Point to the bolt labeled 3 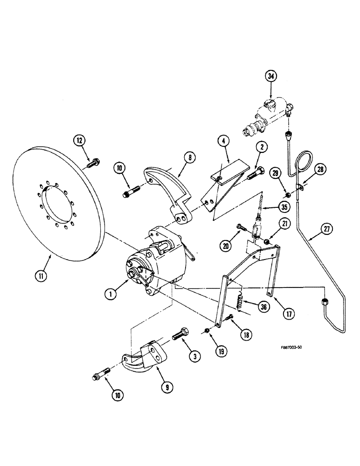(181, 335)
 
